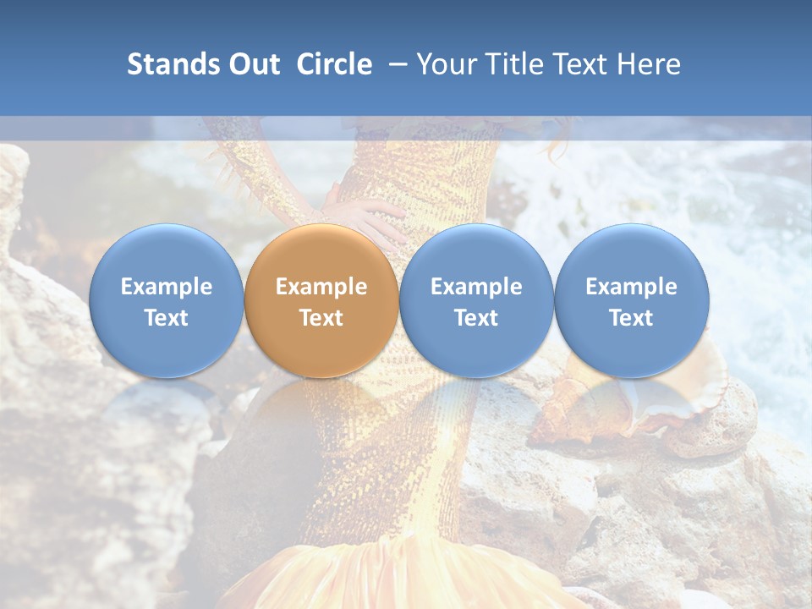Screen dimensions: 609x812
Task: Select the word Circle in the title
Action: coord(334,64)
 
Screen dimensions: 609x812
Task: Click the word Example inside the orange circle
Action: coord(321,287)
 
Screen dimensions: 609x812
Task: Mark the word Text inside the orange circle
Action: coord(321,318)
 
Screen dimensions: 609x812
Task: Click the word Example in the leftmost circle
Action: coord(166,287)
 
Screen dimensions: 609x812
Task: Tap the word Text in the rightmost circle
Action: coord(632,318)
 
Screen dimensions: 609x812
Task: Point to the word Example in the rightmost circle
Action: coord(632,287)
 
